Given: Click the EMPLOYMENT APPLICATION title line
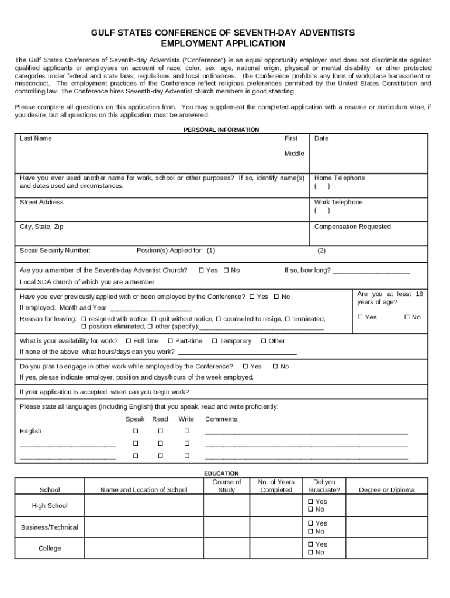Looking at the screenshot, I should point(223,44).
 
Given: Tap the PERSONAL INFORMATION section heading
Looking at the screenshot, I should point(221,130).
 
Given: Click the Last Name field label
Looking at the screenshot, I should point(36,138).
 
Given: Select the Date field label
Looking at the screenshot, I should point(321,138).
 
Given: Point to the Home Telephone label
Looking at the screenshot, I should point(339,178).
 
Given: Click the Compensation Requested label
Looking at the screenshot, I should point(352,227).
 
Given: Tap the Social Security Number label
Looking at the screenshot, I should point(55,251).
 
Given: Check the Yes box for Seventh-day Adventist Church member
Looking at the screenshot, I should point(201,270).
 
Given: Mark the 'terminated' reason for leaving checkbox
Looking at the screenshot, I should point(287,319).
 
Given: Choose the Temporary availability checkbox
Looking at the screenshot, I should point(214,341).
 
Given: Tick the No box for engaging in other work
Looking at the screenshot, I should point(275,367).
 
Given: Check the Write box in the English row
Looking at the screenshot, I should point(187,431).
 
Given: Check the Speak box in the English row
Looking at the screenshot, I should point(136,431).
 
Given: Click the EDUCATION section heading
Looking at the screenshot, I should point(221,473).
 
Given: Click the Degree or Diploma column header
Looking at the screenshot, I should point(386,490).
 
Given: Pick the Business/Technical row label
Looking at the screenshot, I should point(50,527).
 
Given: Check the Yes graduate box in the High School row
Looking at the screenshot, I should point(311,502).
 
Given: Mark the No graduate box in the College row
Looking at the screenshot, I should point(311,552).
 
